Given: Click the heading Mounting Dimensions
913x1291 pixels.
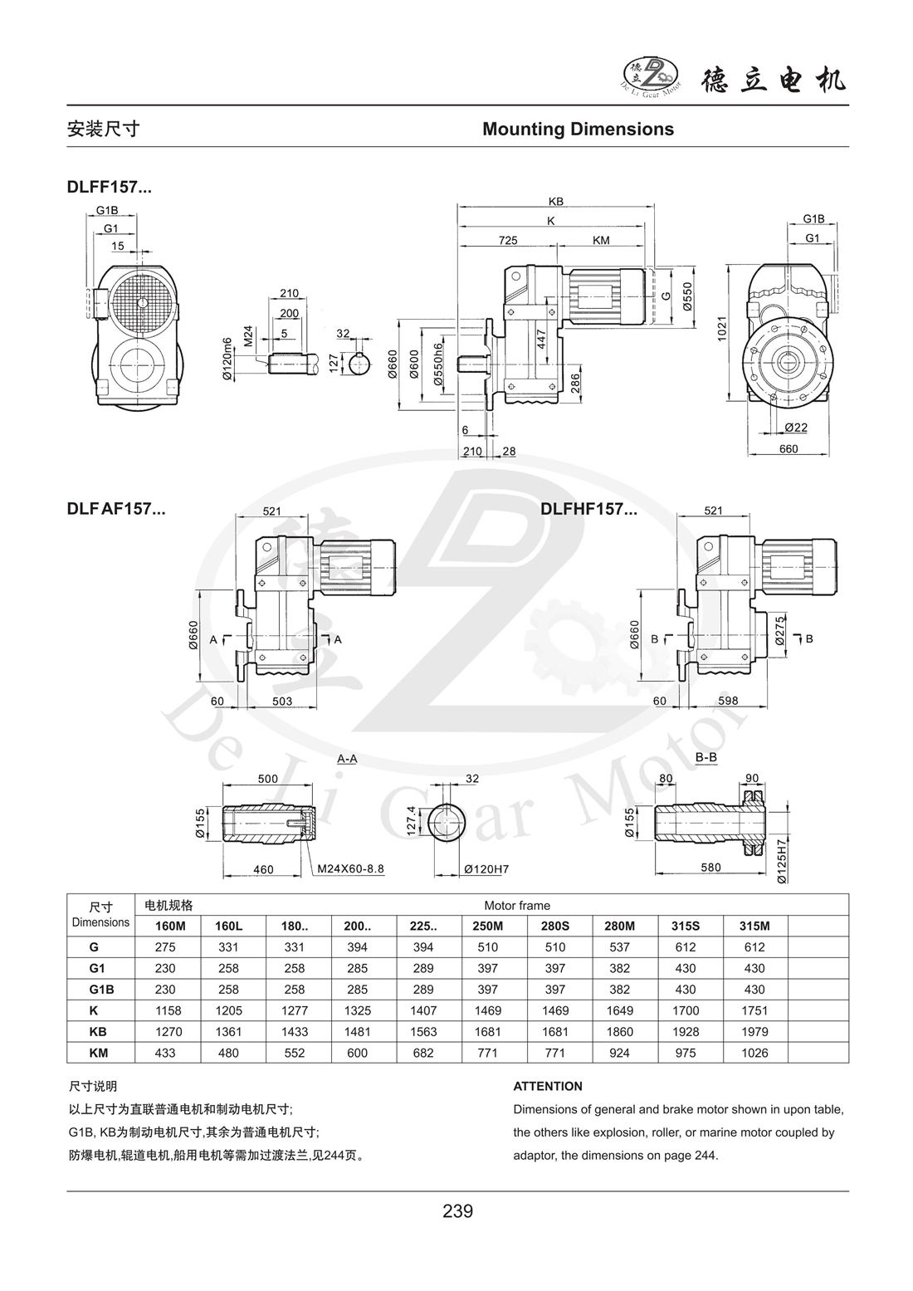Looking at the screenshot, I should (x=578, y=129).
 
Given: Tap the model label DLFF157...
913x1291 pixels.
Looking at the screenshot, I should (x=109, y=188).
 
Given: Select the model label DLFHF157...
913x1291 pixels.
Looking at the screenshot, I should (x=588, y=509).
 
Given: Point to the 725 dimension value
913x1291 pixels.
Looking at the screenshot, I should (x=508, y=241).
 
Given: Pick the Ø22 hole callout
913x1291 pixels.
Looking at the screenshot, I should (x=795, y=427).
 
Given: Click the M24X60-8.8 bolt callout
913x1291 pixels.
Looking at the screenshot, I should (x=351, y=869).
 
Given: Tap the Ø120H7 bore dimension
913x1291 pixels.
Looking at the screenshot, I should (x=486, y=869).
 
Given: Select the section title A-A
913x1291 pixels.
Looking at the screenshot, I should (x=347, y=759).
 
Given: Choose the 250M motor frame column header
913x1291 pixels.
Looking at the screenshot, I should (x=488, y=925).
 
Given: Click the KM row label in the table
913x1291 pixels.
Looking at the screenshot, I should (x=100, y=1053).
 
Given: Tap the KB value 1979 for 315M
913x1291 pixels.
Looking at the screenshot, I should (x=754, y=1032).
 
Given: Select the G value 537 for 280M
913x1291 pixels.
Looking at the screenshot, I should (x=620, y=946).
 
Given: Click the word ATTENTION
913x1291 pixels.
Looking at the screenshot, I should (x=548, y=1086).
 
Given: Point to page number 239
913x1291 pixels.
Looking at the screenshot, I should (x=457, y=1210).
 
